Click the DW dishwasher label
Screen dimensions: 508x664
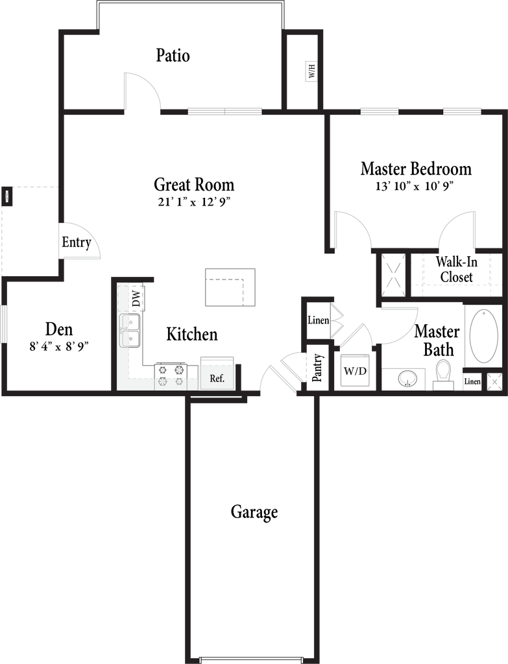click(136, 299)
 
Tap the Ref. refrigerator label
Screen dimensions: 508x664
click(217, 378)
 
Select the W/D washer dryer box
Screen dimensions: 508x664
click(354, 372)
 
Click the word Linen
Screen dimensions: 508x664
click(318, 320)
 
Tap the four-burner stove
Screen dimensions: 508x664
click(170, 375)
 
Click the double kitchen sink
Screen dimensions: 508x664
click(130, 330)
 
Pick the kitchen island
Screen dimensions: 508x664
click(230, 287)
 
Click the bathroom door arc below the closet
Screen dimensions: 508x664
click(400, 324)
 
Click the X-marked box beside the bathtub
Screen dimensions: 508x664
click(494, 382)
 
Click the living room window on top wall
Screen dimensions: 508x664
click(224, 112)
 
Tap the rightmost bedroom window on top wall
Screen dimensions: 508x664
click(462, 112)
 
